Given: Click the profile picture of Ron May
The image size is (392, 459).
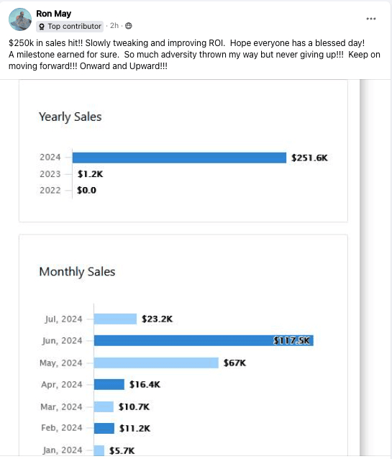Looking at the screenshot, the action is tap(20, 19).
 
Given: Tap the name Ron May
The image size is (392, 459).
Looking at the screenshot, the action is tap(53, 14).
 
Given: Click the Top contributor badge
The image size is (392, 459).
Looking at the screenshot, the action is tap(70, 27).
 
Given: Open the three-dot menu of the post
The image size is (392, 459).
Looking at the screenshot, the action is tap(371, 19).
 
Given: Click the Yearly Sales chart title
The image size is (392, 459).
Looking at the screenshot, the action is tap(70, 117).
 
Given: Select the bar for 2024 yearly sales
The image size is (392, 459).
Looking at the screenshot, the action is tap(179, 158).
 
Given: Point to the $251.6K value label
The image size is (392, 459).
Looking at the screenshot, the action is tap(309, 158).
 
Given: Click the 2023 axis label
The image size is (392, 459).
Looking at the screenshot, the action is tap(50, 174).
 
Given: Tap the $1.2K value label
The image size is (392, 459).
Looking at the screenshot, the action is tap(90, 174).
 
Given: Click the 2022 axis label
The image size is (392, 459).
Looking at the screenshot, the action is tap(50, 190).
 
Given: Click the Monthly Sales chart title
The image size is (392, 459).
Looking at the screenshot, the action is tap(77, 272).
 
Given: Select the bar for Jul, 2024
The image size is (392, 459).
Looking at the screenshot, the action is tap(115, 319).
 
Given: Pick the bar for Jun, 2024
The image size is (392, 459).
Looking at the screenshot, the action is tap(204, 340).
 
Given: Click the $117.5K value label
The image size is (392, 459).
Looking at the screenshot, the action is tap(291, 340).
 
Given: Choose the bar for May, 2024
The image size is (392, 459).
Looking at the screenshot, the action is tap(156, 363).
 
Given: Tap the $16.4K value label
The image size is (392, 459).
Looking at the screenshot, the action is tap(145, 384).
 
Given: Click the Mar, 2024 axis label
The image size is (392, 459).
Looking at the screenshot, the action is tap(61, 406).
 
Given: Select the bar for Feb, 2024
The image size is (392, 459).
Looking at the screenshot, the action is tap(104, 428).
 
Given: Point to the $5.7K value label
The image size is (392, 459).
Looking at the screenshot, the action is tap(122, 450).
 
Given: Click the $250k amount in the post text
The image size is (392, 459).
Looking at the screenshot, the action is tap(22, 43).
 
